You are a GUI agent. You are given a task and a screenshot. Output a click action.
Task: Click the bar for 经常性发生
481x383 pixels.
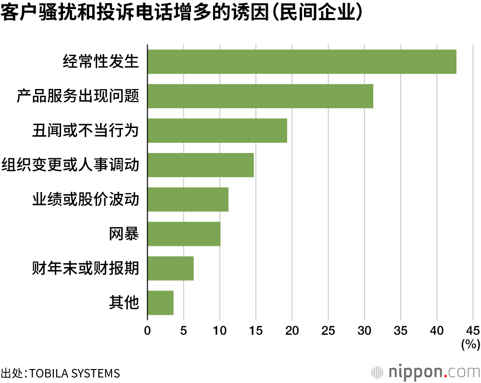tap(302, 62)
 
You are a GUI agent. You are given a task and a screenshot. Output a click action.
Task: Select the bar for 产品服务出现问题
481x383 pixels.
tap(260, 96)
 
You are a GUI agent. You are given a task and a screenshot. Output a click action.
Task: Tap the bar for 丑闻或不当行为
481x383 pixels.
tap(217, 130)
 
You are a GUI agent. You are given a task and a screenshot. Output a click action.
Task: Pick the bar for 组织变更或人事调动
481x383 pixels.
tap(201, 165)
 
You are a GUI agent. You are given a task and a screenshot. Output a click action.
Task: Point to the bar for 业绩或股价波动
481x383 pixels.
tap(188, 199)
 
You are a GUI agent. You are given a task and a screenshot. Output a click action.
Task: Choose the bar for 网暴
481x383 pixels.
tap(184, 234)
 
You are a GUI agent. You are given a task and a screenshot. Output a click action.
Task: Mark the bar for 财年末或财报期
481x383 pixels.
tap(170, 268)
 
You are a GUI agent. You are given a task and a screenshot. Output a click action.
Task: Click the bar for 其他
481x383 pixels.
tap(160, 303)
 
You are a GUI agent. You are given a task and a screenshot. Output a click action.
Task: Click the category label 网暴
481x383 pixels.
tap(124, 234)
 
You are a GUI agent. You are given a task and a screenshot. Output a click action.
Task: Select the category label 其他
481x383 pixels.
tap(124, 303)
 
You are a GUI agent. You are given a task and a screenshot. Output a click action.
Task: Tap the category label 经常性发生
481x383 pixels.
tap(101, 62)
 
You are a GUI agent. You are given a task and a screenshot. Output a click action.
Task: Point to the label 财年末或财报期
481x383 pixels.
tap(86, 268)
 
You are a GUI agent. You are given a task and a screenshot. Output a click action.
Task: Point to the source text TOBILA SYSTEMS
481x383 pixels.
tap(75, 373)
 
